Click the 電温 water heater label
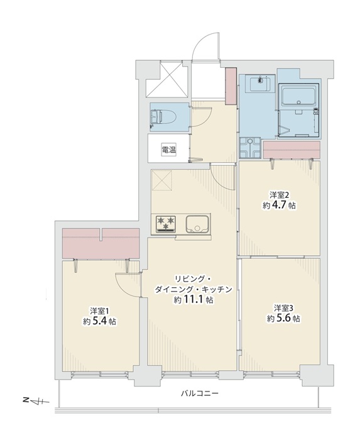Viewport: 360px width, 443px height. pyautogui.click(x=169, y=150)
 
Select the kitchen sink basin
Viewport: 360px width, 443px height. pyautogui.click(x=197, y=224)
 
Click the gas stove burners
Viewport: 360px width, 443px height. pyautogui.click(x=166, y=224)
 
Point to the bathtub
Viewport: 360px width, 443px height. pyautogui.click(x=299, y=95)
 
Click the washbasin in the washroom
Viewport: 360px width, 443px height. pyautogui.click(x=259, y=84)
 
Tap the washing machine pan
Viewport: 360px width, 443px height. pyautogui.click(x=249, y=148)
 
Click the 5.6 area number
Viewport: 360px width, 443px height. pyautogui.click(x=284, y=319)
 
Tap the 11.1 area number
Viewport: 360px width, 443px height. pyautogui.click(x=194, y=299)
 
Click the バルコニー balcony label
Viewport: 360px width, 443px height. pyautogui.click(x=200, y=393)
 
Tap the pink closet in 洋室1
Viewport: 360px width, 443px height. pyautogui.click(x=101, y=243)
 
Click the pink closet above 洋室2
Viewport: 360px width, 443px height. pyautogui.click(x=292, y=150)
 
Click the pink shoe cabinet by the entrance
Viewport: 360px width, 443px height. pyautogui.click(x=231, y=86)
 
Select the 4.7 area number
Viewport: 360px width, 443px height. pyautogui.click(x=280, y=205)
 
